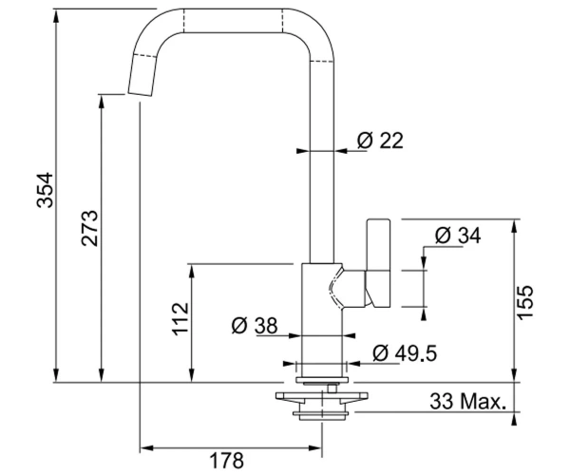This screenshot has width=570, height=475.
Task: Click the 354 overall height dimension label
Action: tap(45, 190)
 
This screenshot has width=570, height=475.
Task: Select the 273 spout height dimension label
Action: tap(89, 228)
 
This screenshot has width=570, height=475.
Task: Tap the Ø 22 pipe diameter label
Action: tap(380, 141)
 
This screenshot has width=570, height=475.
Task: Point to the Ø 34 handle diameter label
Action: tap(458, 236)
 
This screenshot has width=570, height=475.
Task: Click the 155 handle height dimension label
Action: tap(524, 302)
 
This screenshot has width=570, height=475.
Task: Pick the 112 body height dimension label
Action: tap(180, 319)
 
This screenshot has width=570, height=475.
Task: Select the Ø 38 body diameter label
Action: tap(255, 325)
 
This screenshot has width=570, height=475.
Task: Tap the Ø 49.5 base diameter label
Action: tap(405, 352)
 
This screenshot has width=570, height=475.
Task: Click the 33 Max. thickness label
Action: tap(468, 402)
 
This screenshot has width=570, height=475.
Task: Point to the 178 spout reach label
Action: tap(227, 461)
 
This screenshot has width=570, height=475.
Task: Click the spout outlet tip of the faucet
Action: tap(141, 93)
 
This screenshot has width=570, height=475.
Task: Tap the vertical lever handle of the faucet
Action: tap(378, 262)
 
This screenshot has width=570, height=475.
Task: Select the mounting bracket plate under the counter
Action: tap(322, 397)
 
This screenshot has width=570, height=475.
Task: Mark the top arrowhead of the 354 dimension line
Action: tap(56, 15)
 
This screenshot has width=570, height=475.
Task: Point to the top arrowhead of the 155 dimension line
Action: tap(514, 226)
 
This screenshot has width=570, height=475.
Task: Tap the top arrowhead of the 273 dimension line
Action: tap(102, 102)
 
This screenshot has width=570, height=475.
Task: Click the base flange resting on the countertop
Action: tap(322, 380)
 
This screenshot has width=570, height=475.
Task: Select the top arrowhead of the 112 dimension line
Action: tap(192, 271)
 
